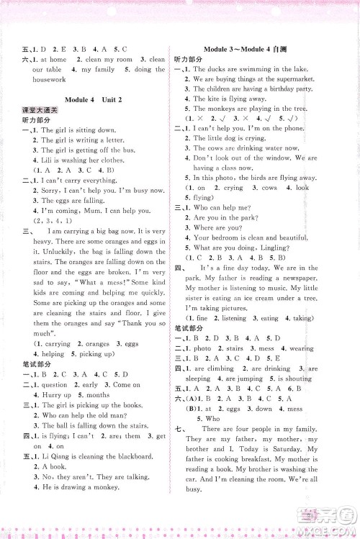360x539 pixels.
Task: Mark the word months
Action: coord(97,395)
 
